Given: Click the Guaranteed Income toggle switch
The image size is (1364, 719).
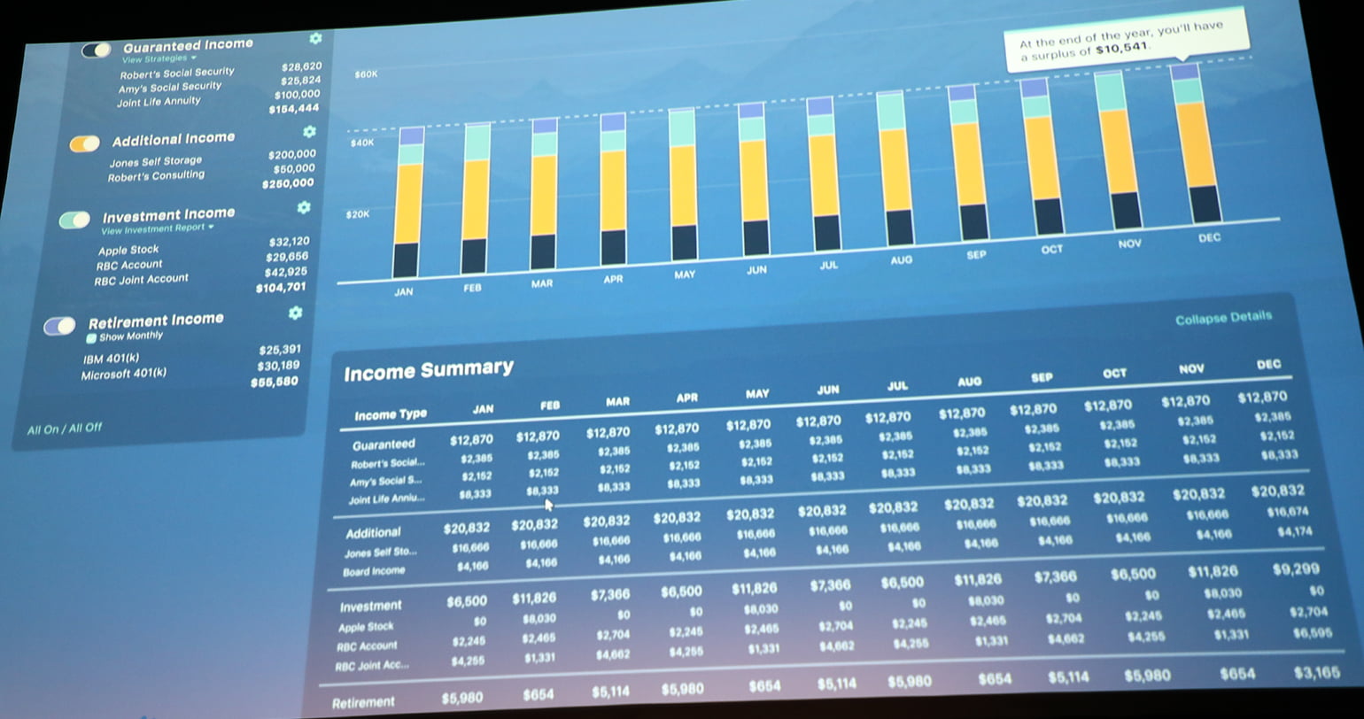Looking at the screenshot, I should point(96,50).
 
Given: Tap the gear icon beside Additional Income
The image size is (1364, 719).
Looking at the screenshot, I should point(309,132).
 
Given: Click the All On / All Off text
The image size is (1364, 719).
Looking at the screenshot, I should point(65,429).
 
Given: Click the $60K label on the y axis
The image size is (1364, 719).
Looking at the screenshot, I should point(366,74).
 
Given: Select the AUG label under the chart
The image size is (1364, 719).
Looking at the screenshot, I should point(902,260).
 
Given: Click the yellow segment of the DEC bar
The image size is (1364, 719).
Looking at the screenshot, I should point(1196,144).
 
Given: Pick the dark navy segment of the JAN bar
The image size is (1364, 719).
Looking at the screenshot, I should point(405,259).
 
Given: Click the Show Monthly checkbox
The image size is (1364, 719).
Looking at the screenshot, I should point(90,337).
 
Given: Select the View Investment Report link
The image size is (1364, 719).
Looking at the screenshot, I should point(156,228).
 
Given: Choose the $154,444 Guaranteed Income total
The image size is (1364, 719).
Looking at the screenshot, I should point(294,109).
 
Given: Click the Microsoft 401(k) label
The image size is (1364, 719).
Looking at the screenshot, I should point(123,375).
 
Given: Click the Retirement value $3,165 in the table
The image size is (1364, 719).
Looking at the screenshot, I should point(1316,673).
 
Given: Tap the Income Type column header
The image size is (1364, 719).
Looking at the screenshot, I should point(390,414).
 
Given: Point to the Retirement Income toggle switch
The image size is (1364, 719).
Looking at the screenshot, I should point(59,327).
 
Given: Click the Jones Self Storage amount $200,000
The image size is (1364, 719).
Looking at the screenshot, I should point(291,154).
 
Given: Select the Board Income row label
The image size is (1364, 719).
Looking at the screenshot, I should point(374,571).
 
